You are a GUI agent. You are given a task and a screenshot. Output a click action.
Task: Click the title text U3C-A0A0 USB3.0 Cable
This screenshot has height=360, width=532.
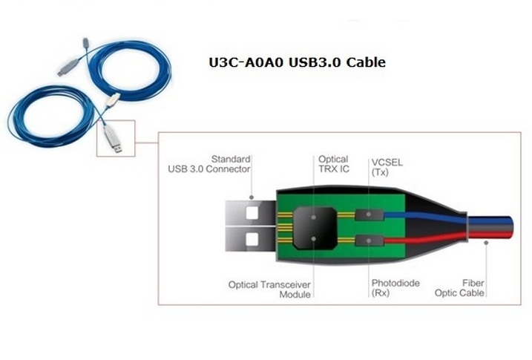coord(297,62)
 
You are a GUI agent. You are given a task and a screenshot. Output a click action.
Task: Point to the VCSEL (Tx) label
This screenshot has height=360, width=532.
coord(384,166)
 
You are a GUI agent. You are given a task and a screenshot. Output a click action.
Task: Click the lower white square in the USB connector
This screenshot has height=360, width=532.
coord(252,240)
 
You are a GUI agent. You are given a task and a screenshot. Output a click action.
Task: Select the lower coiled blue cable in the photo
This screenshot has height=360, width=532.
coord(52,119)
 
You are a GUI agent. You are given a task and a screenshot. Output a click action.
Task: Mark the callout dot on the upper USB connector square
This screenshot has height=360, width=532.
coord(252,197)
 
